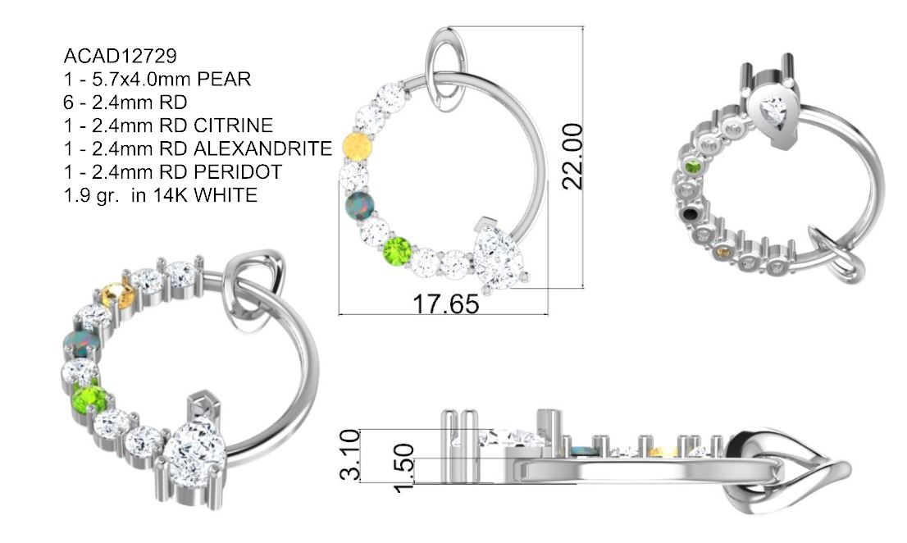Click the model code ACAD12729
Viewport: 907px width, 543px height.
click(120, 56)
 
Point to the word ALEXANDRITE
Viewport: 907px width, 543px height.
click(262, 148)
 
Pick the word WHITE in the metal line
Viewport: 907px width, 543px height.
click(225, 195)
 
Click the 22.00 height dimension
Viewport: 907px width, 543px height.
click(572, 156)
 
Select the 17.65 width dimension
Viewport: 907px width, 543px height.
click(445, 304)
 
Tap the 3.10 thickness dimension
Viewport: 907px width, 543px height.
click(350, 455)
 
